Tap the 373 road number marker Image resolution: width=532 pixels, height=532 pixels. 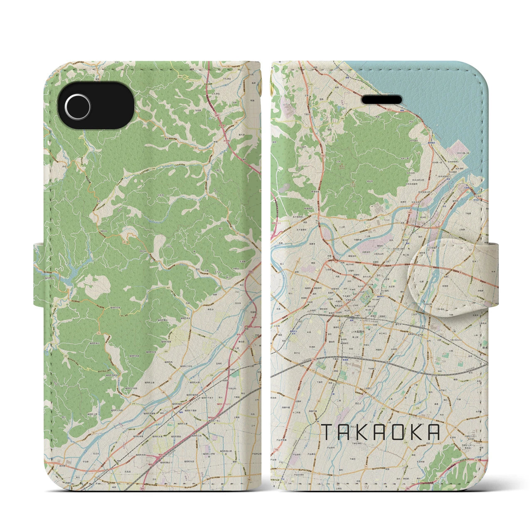point(311,84)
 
